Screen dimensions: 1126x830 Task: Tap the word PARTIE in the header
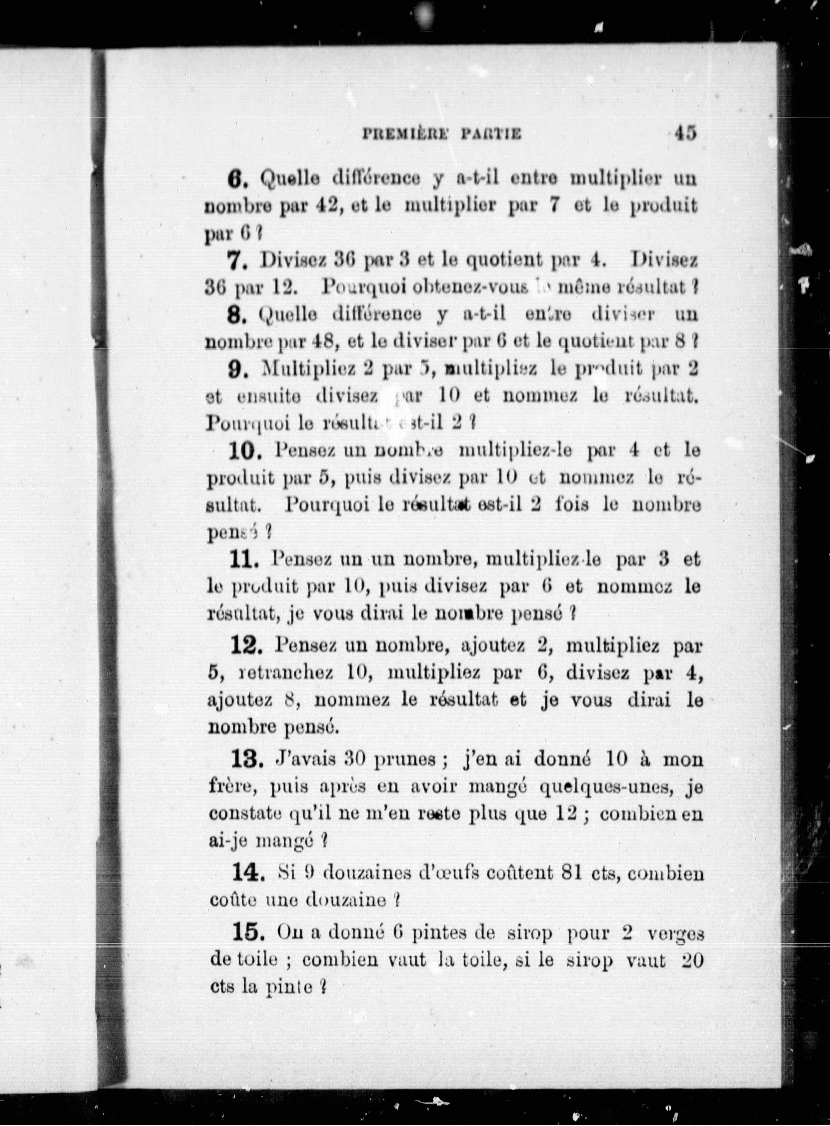489,135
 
